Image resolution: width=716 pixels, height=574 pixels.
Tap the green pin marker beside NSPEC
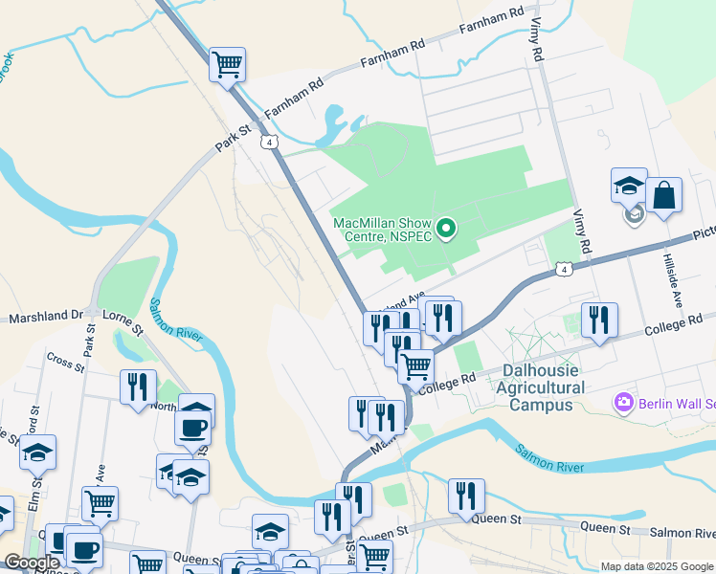tap(445, 229)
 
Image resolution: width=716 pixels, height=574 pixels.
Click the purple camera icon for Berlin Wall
tap(625, 402)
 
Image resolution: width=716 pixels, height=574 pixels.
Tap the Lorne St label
tap(122, 321)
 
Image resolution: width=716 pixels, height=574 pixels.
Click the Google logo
tap(32, 563)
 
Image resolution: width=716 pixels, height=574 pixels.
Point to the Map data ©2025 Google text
tap(656, 566)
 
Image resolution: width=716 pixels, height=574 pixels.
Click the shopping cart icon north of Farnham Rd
tap(228, 65)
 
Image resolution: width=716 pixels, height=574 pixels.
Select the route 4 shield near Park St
tap(272, 142)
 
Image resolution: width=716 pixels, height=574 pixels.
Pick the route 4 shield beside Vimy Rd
tap(568, 273)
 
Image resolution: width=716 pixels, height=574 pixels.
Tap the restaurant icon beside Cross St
tap(138, 386)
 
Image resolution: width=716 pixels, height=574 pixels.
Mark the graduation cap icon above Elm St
tap(37, 452)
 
